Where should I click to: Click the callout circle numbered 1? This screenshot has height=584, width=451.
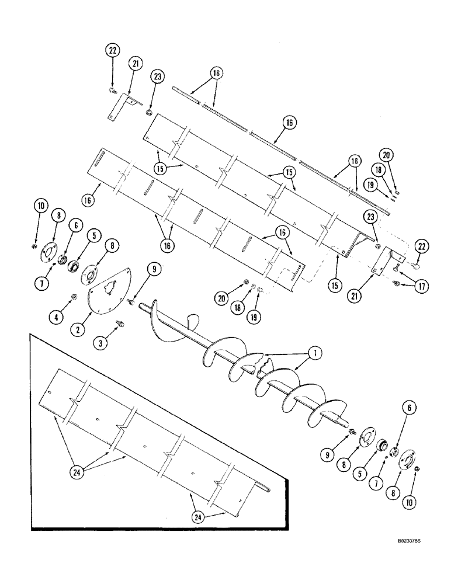point(314,353)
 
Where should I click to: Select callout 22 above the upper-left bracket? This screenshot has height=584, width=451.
point(113,51)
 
